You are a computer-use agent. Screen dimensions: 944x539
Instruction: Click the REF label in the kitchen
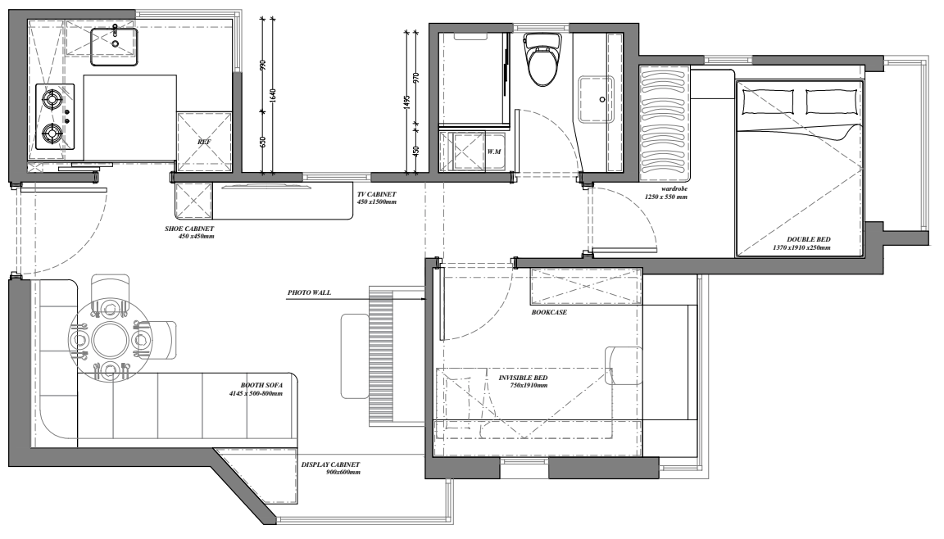tap(204, 142)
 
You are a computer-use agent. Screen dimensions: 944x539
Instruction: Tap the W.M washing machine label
tap(494, 152)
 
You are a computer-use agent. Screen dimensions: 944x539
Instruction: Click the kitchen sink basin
tap(115, 47)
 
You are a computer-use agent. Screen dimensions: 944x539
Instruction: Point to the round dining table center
tap(110, 341)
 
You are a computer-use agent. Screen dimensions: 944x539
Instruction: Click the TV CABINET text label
tap(376, 194)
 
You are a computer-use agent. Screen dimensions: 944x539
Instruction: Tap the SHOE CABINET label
tap(189, 229)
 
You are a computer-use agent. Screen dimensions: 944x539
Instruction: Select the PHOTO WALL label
tap(309, 293)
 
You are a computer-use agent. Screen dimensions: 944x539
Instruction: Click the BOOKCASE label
tap(548, 312)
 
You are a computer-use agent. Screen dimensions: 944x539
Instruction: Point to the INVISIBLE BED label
tap(523, 378)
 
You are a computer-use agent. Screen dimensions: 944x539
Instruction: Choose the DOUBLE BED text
tap(808, 239)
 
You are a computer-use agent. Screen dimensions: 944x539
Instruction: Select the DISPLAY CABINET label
tap(330, 464)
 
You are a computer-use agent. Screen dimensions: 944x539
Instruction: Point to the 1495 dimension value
tap(406, 102)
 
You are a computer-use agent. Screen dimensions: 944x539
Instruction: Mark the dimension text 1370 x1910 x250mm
tap(802, 248)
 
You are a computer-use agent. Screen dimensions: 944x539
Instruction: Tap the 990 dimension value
tap(262, 66)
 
